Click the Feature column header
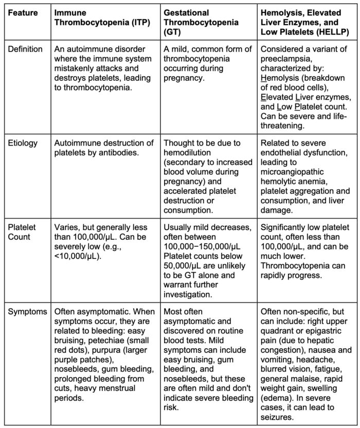coord(23,12)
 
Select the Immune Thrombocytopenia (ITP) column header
coord(96,17)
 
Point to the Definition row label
coord(25,49)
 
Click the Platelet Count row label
coord(20,232)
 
